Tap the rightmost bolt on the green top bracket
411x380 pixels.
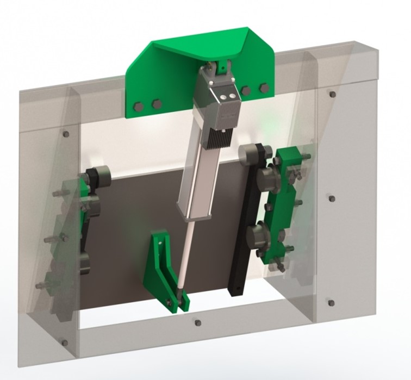pos(264,88)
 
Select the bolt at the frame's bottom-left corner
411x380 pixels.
pos(65,343)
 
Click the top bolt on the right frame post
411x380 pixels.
pos(332,94)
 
